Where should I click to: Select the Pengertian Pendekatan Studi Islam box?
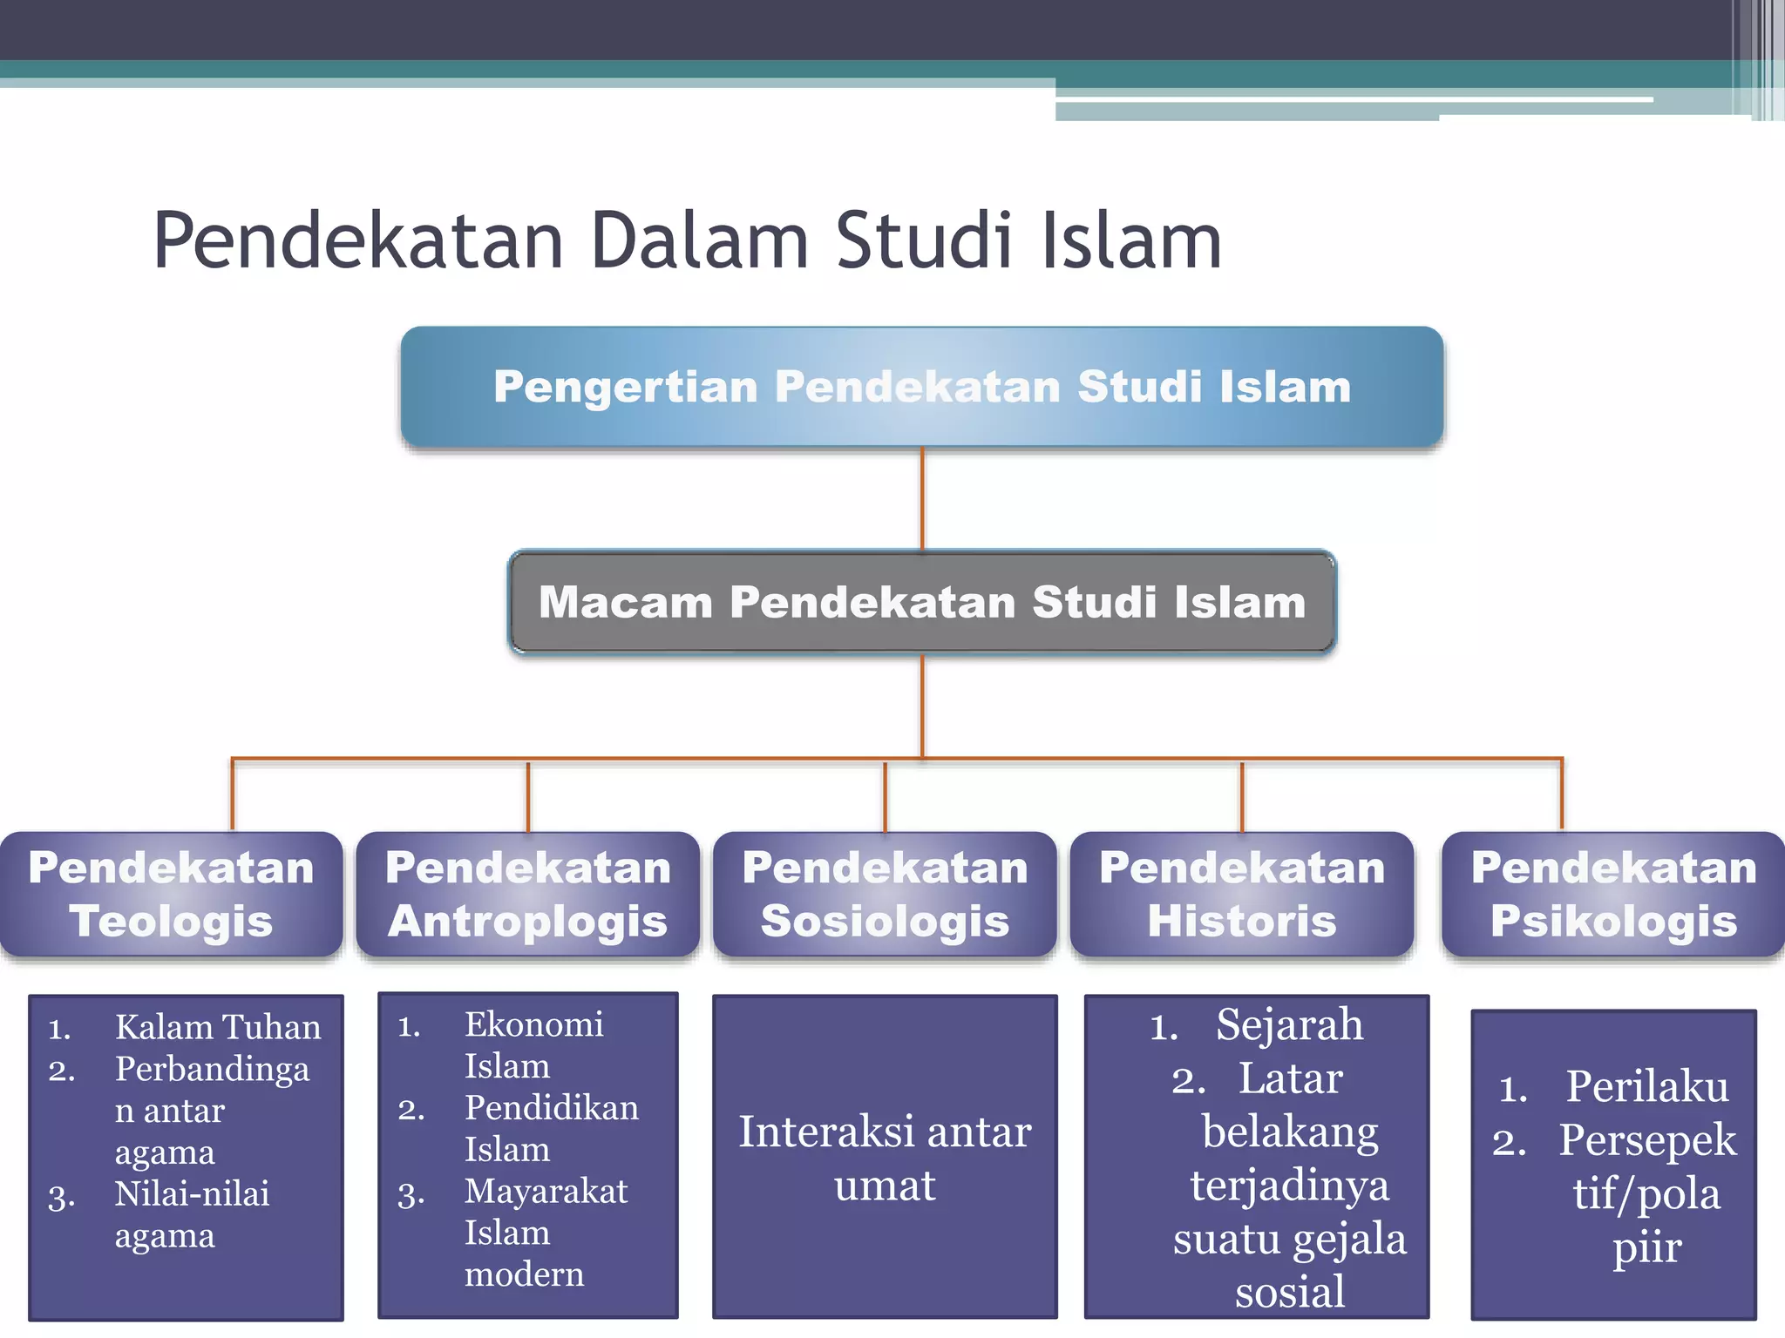coord(921,387)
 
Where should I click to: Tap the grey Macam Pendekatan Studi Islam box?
coord(921,602)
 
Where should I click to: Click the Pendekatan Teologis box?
coord(171,895)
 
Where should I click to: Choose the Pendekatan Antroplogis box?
coord(527,895)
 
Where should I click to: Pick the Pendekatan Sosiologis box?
coord(884,895)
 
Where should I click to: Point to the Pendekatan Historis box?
coord(1241,895)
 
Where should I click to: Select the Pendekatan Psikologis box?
coord(1612,895)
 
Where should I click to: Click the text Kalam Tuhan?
coord(218,1027)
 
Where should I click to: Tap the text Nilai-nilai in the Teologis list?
coord(192,1193)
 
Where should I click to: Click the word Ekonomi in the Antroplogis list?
coord(533,1024)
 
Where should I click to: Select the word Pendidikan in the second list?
coord(551,1108)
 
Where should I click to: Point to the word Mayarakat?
coord(546,1191)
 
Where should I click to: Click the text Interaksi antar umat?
coord(884,1158)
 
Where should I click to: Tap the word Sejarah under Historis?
coord(1289,1024)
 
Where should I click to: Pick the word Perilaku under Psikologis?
coord(1646,1086)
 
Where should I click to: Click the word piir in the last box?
coord(1646,1247)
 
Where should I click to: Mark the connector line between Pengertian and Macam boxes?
coord(922,498)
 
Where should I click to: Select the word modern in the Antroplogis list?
coord(524,1274)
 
